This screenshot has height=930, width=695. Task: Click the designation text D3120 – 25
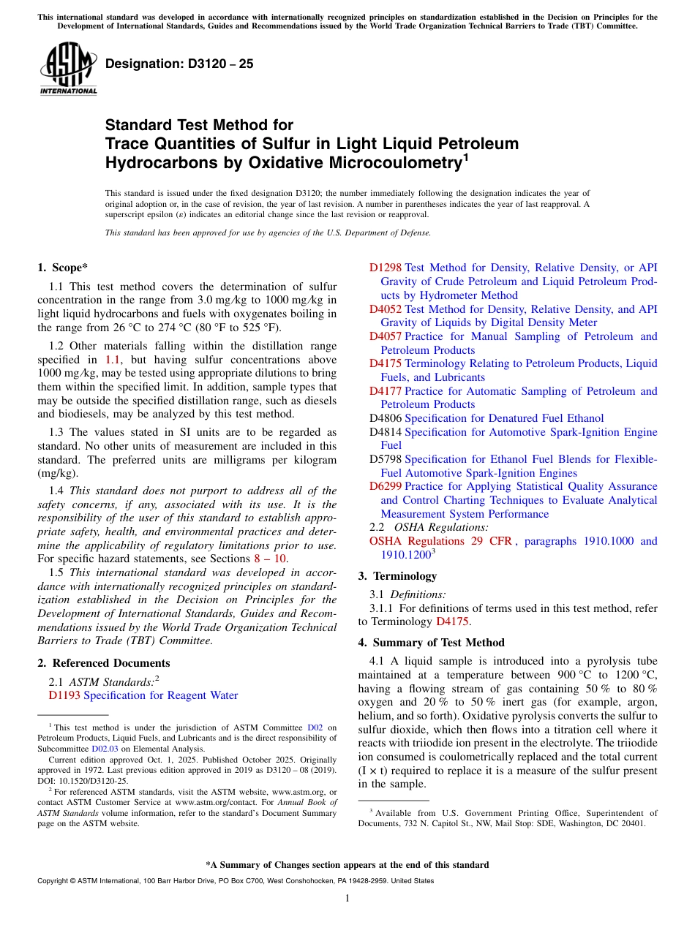click(x=180, y=64)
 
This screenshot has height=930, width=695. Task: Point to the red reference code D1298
click(x=386, y=268)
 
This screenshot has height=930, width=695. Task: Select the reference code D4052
click(x=386, y=309)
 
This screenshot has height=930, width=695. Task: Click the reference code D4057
click(x=386, y=336)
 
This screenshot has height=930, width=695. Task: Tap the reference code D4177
click(x=386, y=391)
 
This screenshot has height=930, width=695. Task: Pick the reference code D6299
click(x=386, y=486)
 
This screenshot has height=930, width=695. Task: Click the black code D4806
click(x=386, y=418)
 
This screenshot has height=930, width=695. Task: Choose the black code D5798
click(x=386, y=459)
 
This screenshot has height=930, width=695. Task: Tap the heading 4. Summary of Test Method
click(x=431, y=643)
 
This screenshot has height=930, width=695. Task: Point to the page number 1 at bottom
click(x=347, y=899)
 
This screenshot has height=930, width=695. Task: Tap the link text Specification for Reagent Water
click(x=160, y=695)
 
